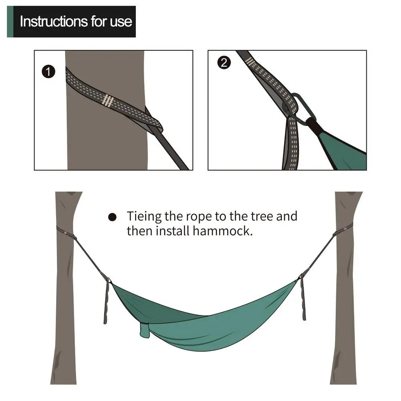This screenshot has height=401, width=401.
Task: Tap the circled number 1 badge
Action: point(48,72)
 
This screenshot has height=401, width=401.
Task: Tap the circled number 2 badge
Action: point(224,63)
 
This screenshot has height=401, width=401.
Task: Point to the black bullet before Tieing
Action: point(113,217)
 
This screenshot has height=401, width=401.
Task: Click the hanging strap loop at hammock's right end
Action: point(303,299)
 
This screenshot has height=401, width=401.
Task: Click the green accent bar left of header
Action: point(10,22)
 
